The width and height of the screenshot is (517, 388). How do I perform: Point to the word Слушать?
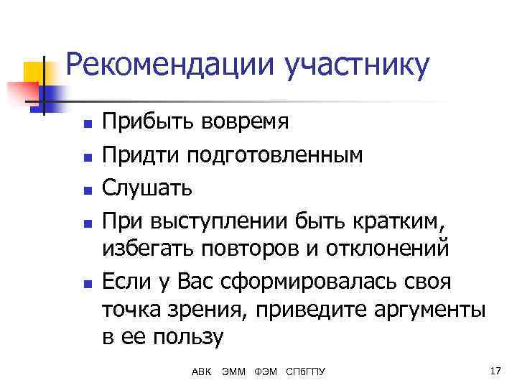click(146, 188)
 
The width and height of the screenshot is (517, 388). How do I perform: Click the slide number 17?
click(493, 371)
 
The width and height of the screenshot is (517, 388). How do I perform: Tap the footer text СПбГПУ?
click(305, 371)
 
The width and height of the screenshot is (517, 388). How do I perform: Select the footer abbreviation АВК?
click(202, 371)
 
